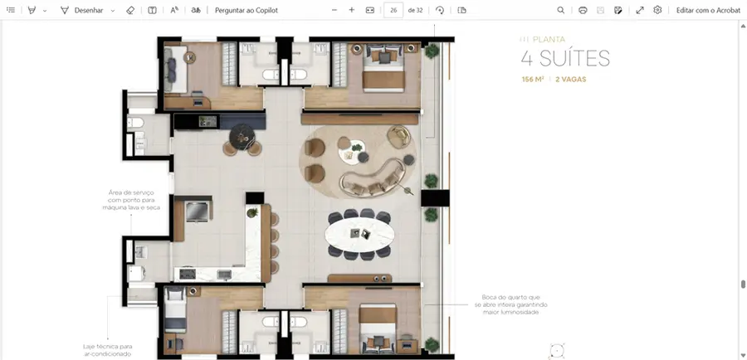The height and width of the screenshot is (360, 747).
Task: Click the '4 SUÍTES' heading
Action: [x=565, y=58]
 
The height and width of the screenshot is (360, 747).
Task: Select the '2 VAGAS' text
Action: [x=571, y=80]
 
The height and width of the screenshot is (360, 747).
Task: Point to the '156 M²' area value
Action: [x=533, y=80]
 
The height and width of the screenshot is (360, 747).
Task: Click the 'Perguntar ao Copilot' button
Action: [x=247, y=10]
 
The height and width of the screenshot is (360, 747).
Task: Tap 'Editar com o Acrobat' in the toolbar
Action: [x=709, y=10]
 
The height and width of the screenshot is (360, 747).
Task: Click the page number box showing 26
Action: [x=393, y=10]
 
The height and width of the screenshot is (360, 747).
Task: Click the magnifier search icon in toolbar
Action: [x=561, y=10]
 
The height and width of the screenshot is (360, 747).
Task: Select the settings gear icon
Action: [x=657, y=10]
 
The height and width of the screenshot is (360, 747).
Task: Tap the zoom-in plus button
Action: [x=352, y=10]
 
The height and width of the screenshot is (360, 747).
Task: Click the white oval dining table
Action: [x=359, y=234]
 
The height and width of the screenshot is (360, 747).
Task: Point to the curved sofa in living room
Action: [x=373, y=178]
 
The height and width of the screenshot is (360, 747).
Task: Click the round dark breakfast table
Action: [x=242, y=137]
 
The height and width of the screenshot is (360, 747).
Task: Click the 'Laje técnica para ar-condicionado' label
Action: [x=107, y=350]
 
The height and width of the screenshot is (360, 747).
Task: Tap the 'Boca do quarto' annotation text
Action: [x=510, y=304]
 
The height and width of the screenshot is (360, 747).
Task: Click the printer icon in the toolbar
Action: [x=583, y=10]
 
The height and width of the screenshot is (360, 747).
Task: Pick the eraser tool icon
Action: [x=130, y=10]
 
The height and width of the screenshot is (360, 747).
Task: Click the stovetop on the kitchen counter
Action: [x=188, y=274]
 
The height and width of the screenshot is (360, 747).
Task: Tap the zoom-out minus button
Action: [x=334, y=10]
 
